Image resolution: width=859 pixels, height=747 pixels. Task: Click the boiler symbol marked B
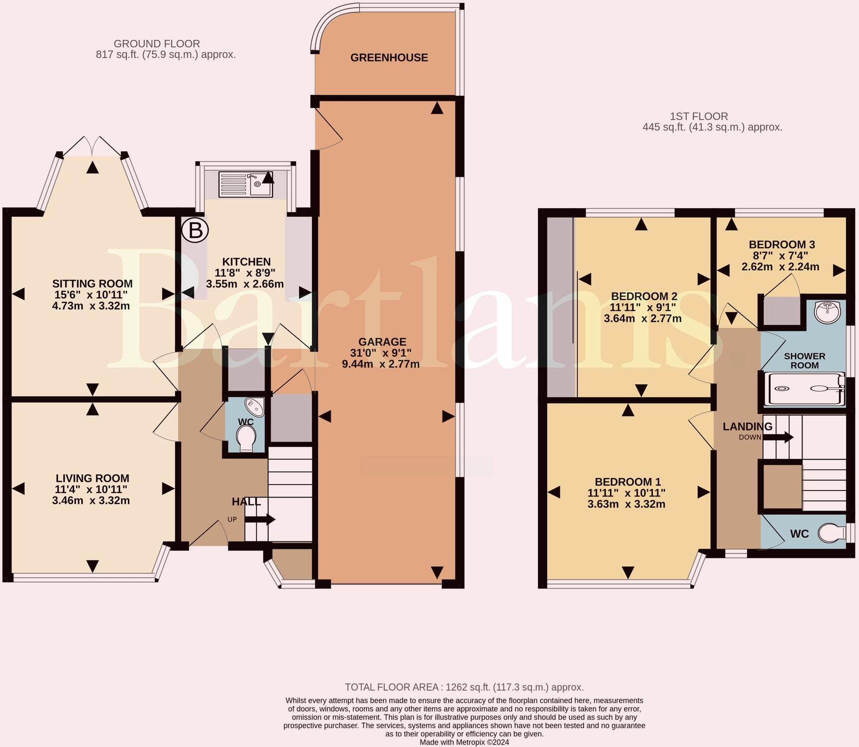pyautogui.click(x=195, y=231)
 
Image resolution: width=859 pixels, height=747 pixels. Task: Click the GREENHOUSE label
pyautogui.click(x=389, y=57)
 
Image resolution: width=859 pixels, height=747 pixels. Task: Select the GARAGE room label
pyautogui.click(x=382, y=342)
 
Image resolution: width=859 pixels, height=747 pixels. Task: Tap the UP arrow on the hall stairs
pyautogui.click(x=260, y=519)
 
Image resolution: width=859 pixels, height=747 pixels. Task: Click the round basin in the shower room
pyautogui.click(x=827, y=312)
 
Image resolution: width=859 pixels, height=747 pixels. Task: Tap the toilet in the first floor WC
pyautogui.click(x=831, y=533)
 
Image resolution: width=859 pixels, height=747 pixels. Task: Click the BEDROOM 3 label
pyautogui.click(x=782, y=245)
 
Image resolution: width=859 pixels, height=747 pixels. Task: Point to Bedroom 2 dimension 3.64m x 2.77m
pyautogui.click(x=642, y=318)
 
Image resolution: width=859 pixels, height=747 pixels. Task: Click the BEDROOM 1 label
pyautogui.click(x=627, y=482)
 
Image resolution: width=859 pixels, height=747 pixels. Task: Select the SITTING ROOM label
pyautogui.click(x=92, y=283)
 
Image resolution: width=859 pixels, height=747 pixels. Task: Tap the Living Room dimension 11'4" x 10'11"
pyautogui.click(x=91, y=490)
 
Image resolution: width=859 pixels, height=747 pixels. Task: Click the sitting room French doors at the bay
pyautogui.click(x=92, y=145)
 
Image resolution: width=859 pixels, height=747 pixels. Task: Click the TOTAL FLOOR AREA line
pyautogui.click(x=464, y=687)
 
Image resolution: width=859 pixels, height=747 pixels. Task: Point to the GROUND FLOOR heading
pyautogui.click(x=157, y=44)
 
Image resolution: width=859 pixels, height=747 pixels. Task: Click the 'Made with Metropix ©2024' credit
pyautogui.click(x=464, y=742)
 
